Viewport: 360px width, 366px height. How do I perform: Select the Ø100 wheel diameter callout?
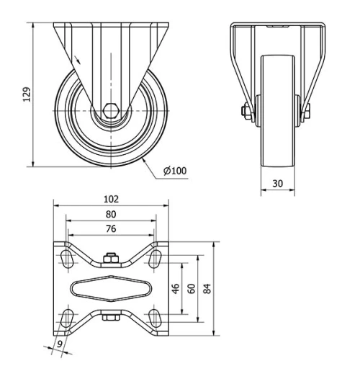174,171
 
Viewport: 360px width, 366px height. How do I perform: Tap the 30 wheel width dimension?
276,184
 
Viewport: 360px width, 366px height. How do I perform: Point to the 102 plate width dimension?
110,198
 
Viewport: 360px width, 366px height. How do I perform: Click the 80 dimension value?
110,213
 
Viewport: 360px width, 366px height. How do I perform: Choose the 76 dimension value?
110,228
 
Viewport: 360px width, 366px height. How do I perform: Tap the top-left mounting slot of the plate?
67,258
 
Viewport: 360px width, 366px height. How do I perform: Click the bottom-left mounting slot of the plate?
67,318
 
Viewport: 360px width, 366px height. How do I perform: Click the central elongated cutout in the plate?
110,288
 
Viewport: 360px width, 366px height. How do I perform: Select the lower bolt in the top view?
110,316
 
